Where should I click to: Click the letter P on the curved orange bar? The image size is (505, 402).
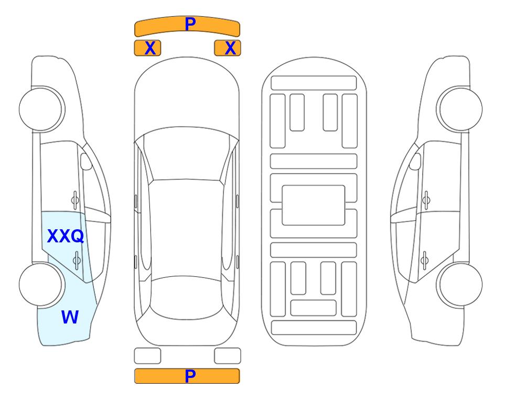pyautogui.click(x=190, y=24)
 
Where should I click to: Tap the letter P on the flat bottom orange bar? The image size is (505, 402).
pyautogui.click(x=190, y=376)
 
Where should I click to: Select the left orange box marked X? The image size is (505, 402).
pyautogui.click(x=147, y=48)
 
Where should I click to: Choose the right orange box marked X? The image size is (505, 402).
pyautogui.click(x=228, y=48)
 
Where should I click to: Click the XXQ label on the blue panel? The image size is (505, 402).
pyautogui.click(x=66, y=236)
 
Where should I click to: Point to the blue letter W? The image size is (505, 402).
pyautogui.click(x=70, y=317)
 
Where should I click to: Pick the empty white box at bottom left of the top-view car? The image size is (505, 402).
pyautogui.click(x=147, y=356)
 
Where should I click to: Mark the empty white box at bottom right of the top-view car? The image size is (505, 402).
pyautogui.click(x=228, y=356)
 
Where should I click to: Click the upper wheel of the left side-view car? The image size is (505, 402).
pyautogui.click(x=42, y=109)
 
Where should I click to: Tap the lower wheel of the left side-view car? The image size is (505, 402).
pyautogui.click(x=42, y=284)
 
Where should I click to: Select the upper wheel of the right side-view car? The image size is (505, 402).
pyautogui.click(x=459, y=109)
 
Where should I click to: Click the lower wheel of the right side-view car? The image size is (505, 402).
pyautogui.click(x=459, y=284)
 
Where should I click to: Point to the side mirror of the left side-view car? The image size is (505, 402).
pyautogui.click(x=85, y=161)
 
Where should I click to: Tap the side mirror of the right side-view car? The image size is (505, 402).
pyautogui.click(x=415, y=161)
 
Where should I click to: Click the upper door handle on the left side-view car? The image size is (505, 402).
pyautogui.click(x=75, y=200)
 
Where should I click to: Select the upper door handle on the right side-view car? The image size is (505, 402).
pyautogui.click(x=426, y=200)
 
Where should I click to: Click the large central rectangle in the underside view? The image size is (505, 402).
pyautogui.click(x=314, y=205)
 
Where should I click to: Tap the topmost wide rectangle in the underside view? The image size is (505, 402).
pyautogui.click(x=314, y=83)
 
